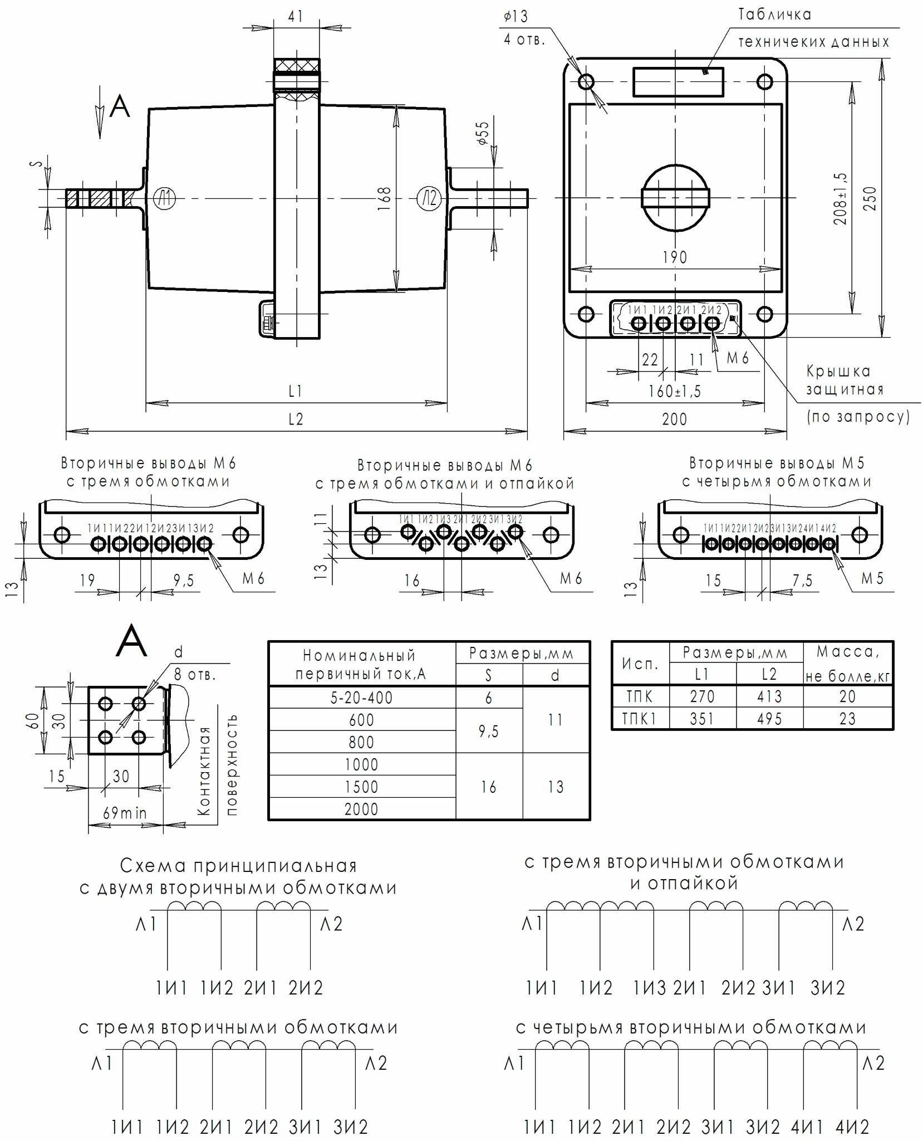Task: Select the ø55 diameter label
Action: click(x=483, y=133)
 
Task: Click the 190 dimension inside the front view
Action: click(x=675, y=257)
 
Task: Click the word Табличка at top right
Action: click(x=775, y=14)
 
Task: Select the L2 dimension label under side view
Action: click(x=296, y=419)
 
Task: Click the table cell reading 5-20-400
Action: click(x=361, y=698)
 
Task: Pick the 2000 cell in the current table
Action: click(x=361, y=809)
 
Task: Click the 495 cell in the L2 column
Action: click(x=769, y=719)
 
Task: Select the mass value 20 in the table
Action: click(x=847, y=696)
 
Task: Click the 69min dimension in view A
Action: click(x=125, y=813)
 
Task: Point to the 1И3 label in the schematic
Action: click(x=649, y=988)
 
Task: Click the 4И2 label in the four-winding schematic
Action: click(x=852, y=1127)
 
